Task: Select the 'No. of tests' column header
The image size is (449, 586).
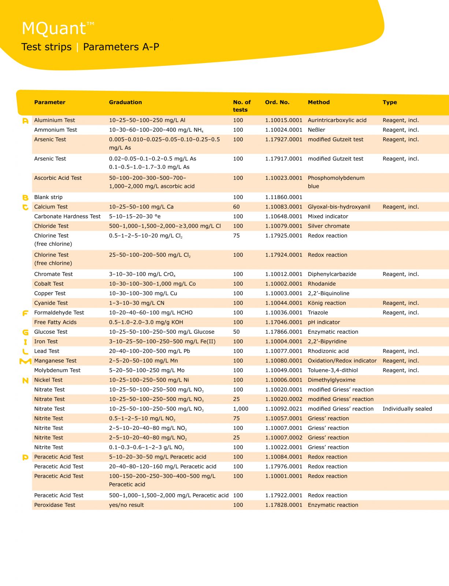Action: (242, 106)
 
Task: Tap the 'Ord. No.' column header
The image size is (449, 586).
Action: (277, 102)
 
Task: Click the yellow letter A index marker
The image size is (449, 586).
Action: (25, 120)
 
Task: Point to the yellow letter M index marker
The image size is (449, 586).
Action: (25, 361)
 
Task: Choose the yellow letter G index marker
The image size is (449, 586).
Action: (25, 332)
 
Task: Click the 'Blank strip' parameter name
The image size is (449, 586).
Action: (48, 197)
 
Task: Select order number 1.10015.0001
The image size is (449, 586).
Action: (283, 120)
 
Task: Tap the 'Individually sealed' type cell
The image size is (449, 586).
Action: (407, 409)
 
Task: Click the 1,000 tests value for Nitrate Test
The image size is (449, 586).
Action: (241, 409)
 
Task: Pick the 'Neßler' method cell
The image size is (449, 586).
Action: (316, 130)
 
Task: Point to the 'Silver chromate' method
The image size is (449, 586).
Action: (329, 226)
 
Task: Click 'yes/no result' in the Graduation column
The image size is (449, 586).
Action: (126, 505)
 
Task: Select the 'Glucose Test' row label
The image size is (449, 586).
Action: (51, 332)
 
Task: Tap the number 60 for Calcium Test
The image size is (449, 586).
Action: (236, 207)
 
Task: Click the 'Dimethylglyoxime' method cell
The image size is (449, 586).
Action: (331, 380)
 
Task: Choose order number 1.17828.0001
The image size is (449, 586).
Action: (283, 505)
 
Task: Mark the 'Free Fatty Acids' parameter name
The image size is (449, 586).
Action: (55, 322)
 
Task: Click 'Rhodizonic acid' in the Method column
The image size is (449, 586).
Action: (328, 351)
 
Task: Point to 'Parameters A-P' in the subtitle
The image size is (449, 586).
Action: (121, 47)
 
